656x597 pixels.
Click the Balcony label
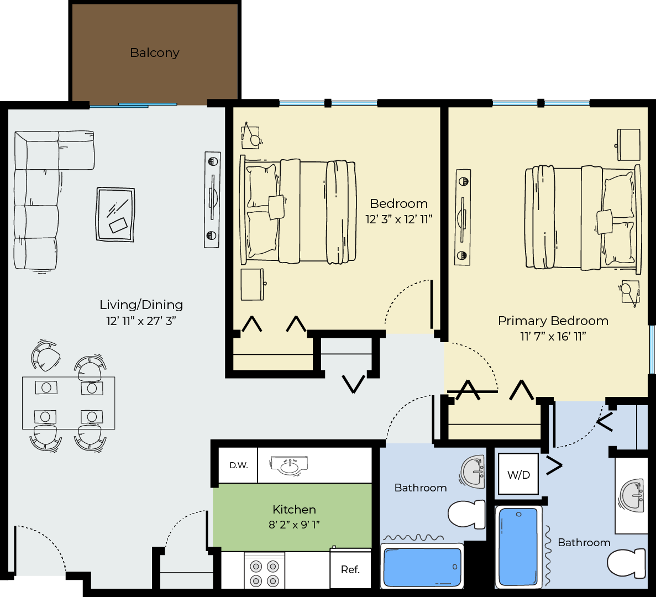pyautogui.click(x=154, y=53)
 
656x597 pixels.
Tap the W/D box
pyautogui.click(x=518, y=474)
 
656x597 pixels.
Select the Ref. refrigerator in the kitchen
pyautogui.click(x=350, y=569)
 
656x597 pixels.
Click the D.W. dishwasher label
pyautogui.click(x=238, y=465)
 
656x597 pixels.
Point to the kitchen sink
pyautogui.click(x=289, y=465)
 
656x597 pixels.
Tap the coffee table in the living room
pyautogui.click(x=116, y=214)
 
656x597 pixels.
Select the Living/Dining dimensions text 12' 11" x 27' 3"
pyautogui.click(x=141, y=321)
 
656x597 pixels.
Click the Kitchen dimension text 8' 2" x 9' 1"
pyautogui.click(x=294, y=524)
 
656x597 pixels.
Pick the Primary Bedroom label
pyautogui.click(x=553, y=321)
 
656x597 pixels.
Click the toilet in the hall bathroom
pyautogui.click(x=466, y=514)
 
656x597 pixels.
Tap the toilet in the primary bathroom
pyautogui.click(x=626, y=563)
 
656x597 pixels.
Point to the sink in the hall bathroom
pyautogui.click(x=473, y=471)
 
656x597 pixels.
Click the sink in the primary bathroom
pyautogui.click(x=631, y=495)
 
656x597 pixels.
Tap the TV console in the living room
pyautogui.click(x=212, y=200)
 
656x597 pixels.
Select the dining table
pyautogui.click(x=69, y=403)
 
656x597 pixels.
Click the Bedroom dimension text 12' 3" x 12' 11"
pyautogui.click(x=398, y=219)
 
